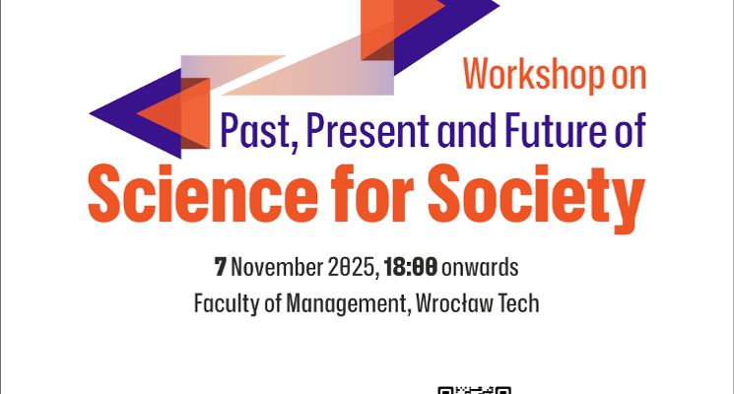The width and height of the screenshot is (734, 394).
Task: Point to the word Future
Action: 548,131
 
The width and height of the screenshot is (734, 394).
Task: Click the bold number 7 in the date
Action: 221,266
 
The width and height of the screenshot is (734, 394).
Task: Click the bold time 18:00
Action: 412,266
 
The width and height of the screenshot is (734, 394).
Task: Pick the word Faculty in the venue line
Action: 223,302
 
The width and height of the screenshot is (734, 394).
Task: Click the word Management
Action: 343,302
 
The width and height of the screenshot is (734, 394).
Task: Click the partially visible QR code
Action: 475,389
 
